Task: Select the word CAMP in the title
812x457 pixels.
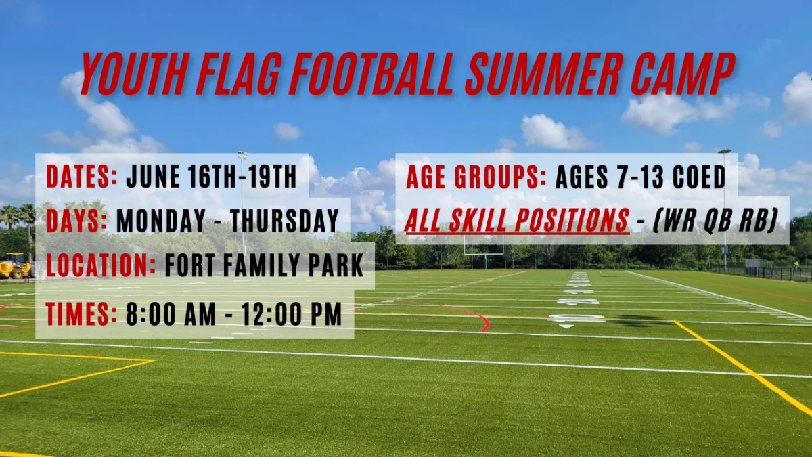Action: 683,74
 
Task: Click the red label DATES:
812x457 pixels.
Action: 82,177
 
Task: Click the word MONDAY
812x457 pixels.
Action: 161,220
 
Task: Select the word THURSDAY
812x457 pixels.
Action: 285,220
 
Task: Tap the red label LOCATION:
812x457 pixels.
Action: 101,265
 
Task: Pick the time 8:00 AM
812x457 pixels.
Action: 171,313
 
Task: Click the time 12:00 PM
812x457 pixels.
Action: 292,313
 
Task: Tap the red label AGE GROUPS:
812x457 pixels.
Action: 476,177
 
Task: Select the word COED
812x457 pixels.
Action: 699,177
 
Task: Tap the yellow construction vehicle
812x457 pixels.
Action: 15,266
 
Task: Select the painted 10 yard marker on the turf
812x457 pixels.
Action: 577,318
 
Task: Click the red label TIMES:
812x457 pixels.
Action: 82,313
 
